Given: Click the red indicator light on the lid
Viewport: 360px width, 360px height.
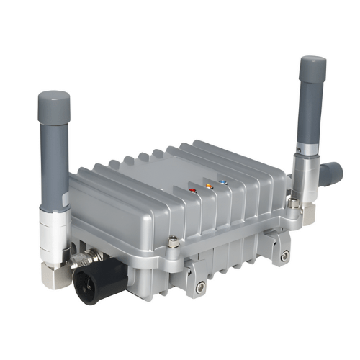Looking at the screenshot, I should pyautogui.click(x=193, y=191).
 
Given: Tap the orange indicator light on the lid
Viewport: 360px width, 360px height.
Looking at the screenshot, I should pyautogui.click(x=209, y=186).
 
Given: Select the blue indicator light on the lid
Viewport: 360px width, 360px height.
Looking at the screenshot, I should pyautogui.click(x=223, y=183).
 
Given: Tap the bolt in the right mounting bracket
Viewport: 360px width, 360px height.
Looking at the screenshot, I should pyautogui.click(x=285, y=256).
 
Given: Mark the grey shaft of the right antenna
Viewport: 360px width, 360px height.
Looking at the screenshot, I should pyautogui.click(x=312, y=115).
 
